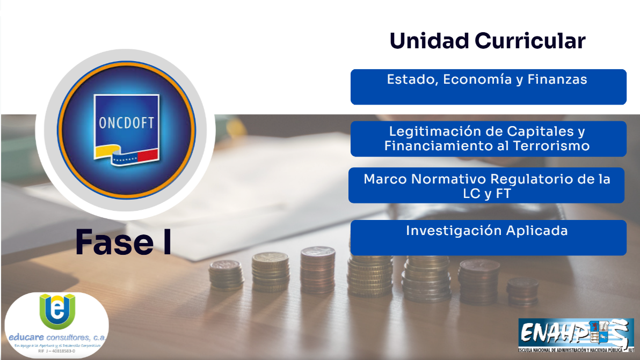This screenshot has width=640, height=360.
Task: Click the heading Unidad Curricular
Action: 487,41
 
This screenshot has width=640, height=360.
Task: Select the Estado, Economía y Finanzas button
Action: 488,86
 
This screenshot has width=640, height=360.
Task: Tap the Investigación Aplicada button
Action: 488,237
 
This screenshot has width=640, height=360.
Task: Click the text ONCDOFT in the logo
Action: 127,123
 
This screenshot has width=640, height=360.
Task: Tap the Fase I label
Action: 123,242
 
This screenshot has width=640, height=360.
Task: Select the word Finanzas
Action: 557,80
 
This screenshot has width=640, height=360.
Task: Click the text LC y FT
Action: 486,194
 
